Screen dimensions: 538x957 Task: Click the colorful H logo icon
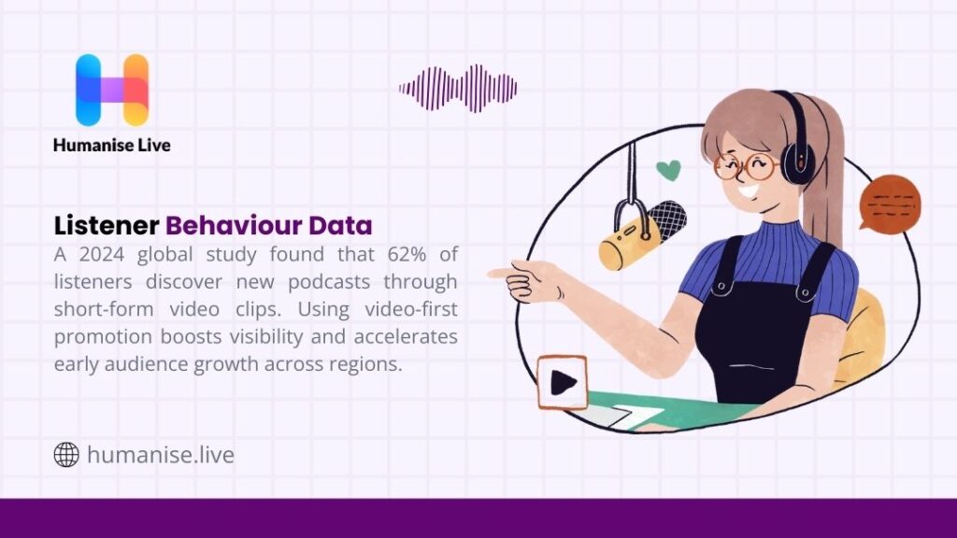pyautogui.click(x=112, y=90)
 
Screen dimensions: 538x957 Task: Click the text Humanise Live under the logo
pyautogui.click(x=112, y=145)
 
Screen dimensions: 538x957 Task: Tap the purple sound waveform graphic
pyautogui.click(x=458, y=89)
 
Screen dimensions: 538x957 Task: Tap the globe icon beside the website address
pyautogui.click(x=66, y=455)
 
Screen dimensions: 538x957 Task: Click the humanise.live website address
pyautogui.click(x=160, y=455)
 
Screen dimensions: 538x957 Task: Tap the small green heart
pyautogui.click(x=667, y=170)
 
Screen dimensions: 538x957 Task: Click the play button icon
pyautogui.click(x=562, y=382)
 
